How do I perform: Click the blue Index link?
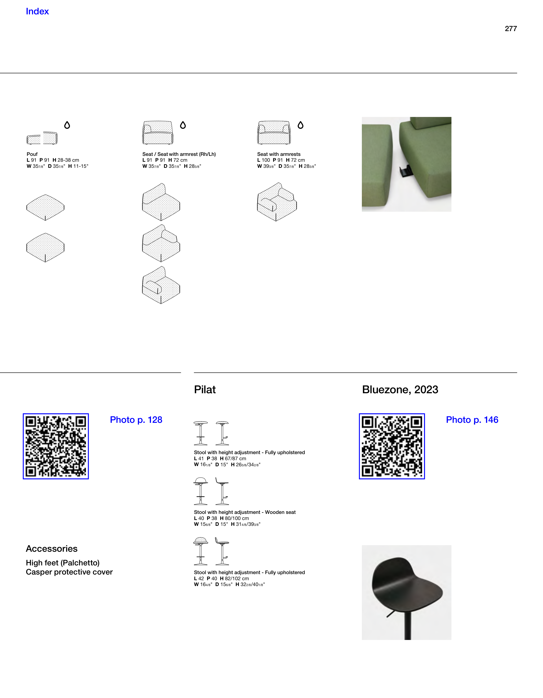37,12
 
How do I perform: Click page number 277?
511,29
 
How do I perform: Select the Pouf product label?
32,154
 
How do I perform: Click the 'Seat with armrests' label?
279,154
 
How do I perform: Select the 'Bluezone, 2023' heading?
400,390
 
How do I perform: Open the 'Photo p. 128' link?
136,420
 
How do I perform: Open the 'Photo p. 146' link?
472,420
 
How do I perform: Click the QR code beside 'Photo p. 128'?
56,446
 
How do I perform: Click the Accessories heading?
52,549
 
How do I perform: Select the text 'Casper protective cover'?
69,572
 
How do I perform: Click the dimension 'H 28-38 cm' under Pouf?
66,160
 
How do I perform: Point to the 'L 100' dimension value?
264,160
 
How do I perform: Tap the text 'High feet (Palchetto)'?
63,563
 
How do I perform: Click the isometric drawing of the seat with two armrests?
277,202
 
